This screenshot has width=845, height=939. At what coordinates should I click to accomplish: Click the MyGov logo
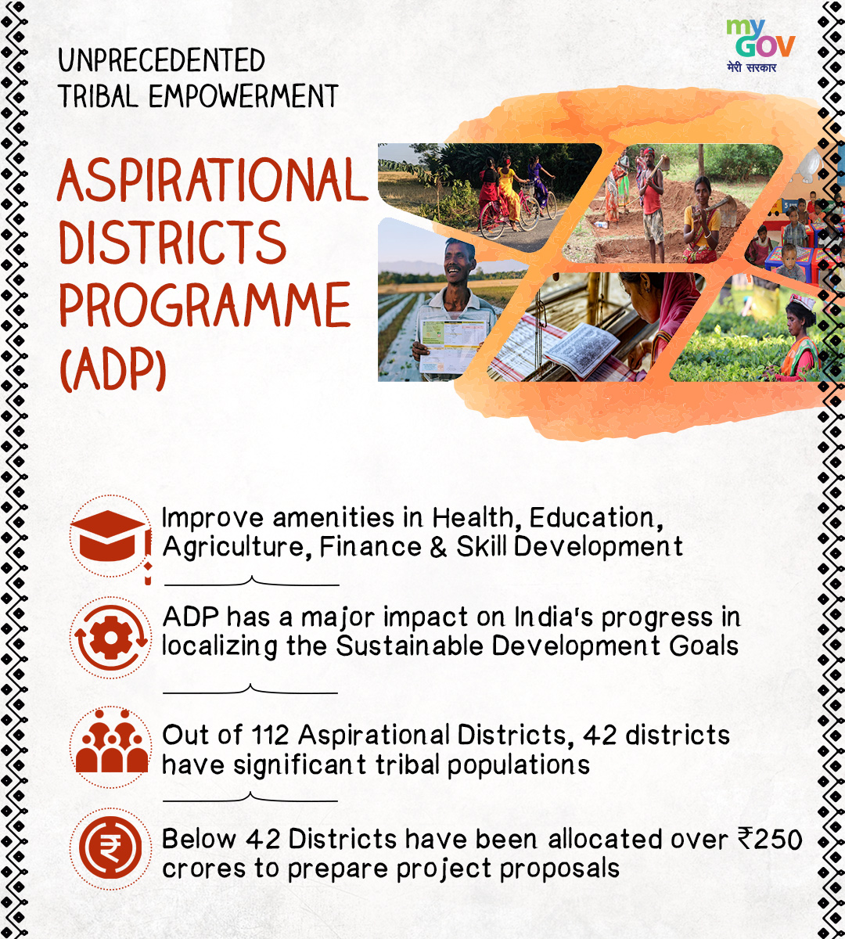pyautogui.click(x=760, y=45)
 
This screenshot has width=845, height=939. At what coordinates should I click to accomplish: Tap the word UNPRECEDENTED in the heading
pyautogui.click(x=161, y=60)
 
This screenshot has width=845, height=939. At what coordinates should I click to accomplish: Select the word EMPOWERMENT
pyautogui.click(x=243, y=96)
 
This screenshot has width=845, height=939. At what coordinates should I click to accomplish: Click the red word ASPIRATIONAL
pyautogui.click(x=213, y=180)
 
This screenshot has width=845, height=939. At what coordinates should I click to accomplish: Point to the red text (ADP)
pyautogui.click(x=113, y=368)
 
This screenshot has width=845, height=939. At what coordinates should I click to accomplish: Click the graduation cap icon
pyautogui.click(x=111, y=539)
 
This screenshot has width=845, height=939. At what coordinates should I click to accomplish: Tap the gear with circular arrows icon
pyautogui.click(x=111, y=638)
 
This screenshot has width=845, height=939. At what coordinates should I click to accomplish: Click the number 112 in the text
pyautogui.click(x=270, y=736)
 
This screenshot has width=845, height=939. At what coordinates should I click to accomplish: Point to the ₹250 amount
pyautogui.click(x=770, y=840)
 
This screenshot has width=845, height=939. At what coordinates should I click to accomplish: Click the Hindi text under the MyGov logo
pyautogui.click(x=751, y=68)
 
